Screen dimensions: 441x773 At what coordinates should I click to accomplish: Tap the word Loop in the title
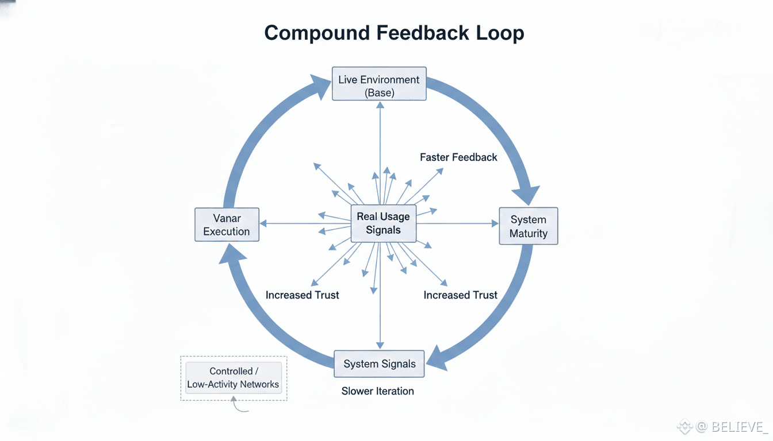point(496,33)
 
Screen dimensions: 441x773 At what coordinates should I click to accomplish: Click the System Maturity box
point(528,226)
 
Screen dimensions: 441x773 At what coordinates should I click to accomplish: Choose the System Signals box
point(379,363)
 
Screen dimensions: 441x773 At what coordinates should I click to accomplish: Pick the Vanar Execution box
point(227,225)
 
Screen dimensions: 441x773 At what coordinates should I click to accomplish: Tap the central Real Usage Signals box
point(383,223)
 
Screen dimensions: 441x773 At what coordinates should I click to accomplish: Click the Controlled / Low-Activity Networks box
point(233,378)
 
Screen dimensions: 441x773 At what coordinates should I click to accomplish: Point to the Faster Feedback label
point(458,157)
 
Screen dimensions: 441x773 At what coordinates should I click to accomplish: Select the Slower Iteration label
point(377,391)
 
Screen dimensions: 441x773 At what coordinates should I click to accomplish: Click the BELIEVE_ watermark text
point(737,427)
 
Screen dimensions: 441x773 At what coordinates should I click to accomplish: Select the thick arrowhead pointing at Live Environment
point(320,85)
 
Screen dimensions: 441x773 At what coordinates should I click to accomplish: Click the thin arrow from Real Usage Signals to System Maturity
point(460,223)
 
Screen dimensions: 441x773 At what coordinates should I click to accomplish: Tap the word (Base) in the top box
point(380,92)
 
